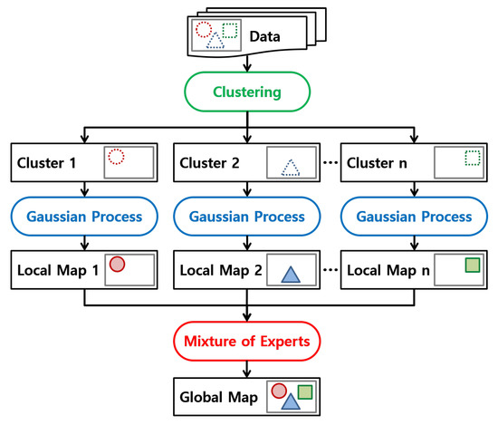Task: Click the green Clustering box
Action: (x=248, y=92)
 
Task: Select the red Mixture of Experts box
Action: (x=248, y=343)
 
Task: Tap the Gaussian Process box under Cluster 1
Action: (x=83, y=217)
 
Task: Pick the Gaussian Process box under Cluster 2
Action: (x=248, y=217)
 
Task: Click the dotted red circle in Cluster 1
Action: (x=116, y=158)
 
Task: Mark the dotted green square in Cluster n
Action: (x=471, y=158)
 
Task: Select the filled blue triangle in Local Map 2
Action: (x=290, y=275)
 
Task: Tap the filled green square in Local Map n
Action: (x=471, y=265)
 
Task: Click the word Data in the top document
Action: (x=264, y=38)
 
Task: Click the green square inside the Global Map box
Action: (x=304, y=391)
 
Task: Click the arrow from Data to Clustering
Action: (x=248, y=63)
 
